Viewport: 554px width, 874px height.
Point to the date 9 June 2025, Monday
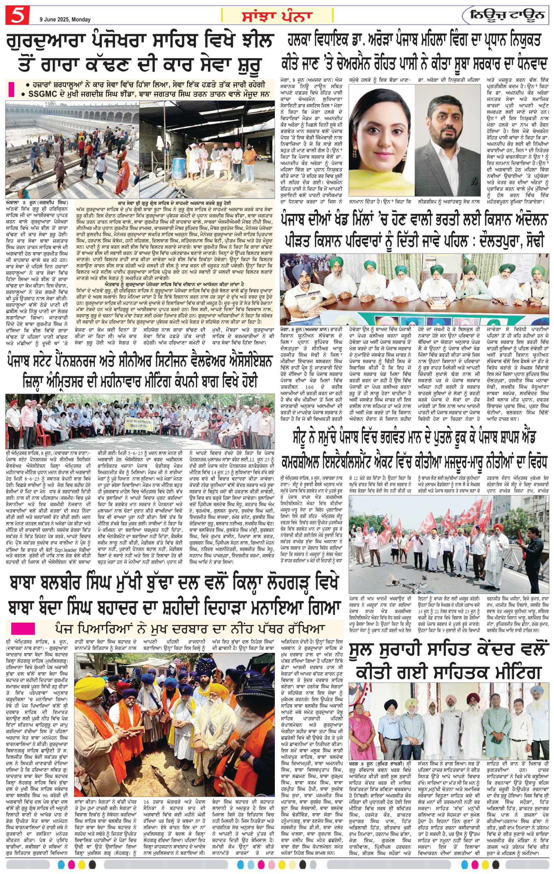[65, 19]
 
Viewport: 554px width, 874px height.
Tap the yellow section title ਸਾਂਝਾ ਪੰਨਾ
[277, 16]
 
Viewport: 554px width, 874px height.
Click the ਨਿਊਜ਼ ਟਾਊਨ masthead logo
[507, 15]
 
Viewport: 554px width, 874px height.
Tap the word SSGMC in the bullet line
[41, 94]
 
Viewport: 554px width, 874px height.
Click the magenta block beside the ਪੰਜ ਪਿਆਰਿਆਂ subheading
[23, 628]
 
